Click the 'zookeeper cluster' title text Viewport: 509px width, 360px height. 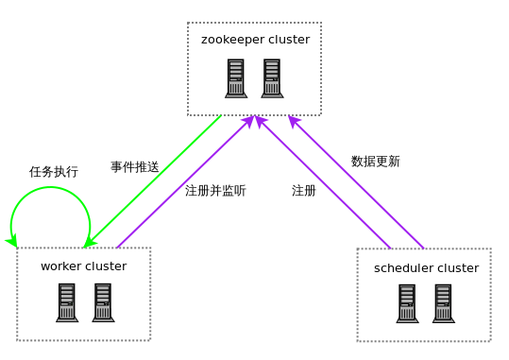pos(255,40)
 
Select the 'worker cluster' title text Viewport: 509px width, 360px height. pos(83,266)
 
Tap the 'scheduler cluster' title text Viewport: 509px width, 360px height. pos(426,268)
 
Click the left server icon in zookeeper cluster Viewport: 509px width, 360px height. pos(236,78)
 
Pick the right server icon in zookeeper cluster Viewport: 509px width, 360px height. pos(272,78)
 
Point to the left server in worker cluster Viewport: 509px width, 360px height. pos(67,302)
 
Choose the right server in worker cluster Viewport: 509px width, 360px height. pos(103,302)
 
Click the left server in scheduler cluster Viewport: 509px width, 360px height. pos(407,304)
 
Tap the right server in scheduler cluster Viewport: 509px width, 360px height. pos(444,304)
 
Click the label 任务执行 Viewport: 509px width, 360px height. pos(54,172)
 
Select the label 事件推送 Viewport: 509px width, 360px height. pos(135,167)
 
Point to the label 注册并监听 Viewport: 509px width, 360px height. pos(215,191)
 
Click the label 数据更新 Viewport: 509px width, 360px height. pos(375,162)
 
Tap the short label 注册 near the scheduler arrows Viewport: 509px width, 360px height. pos(304,191)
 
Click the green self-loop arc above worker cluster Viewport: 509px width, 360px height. pos(50,187)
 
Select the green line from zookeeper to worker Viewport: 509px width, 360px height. pos(153,181)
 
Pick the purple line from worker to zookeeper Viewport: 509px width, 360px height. pos(185,181)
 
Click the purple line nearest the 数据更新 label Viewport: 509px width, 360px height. pos(356,182)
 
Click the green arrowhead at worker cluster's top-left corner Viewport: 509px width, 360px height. pos(12,242)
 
